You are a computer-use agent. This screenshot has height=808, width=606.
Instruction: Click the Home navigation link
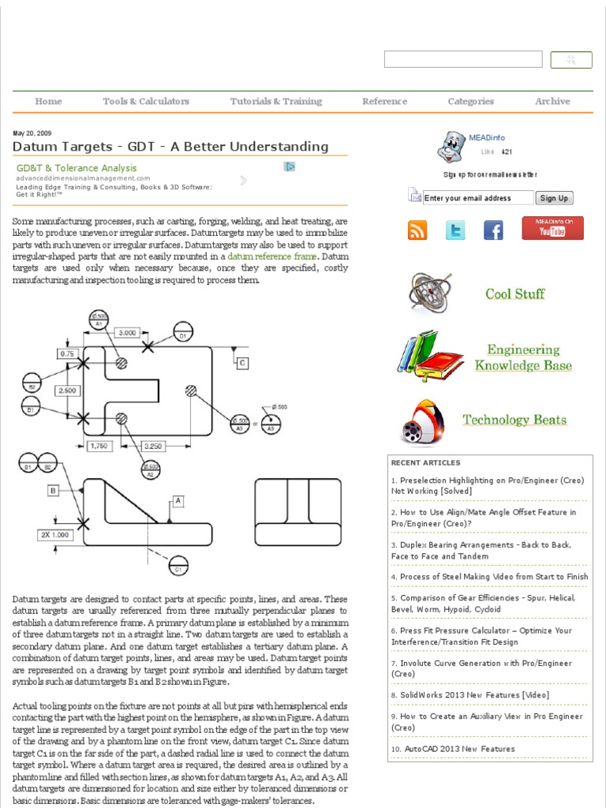point(48,101)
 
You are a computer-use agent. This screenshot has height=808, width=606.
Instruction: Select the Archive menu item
point(552,101)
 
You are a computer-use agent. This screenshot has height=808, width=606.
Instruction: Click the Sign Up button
point(554,198)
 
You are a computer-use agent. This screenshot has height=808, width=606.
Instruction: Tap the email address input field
point(477,198)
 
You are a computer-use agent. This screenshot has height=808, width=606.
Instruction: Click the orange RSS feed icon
point(417,230)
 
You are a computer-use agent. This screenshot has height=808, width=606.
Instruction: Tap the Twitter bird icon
point(455,230)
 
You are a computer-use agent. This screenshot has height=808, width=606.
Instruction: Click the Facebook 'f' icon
point(493,230)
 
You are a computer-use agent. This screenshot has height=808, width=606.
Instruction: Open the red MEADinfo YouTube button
point(552,228)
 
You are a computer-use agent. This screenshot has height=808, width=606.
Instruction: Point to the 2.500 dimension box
point(66,391)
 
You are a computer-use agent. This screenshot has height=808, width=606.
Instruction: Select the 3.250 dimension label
point(154,447)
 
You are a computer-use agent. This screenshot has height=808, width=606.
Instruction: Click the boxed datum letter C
point(242,362)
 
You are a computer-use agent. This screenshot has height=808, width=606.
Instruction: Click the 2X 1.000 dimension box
point(55,534)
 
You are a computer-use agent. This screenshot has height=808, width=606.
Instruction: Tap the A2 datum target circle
point(150,471)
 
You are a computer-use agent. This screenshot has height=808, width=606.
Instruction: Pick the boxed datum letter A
point(178,500)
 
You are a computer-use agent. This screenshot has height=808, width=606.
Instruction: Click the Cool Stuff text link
point(514,294)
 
